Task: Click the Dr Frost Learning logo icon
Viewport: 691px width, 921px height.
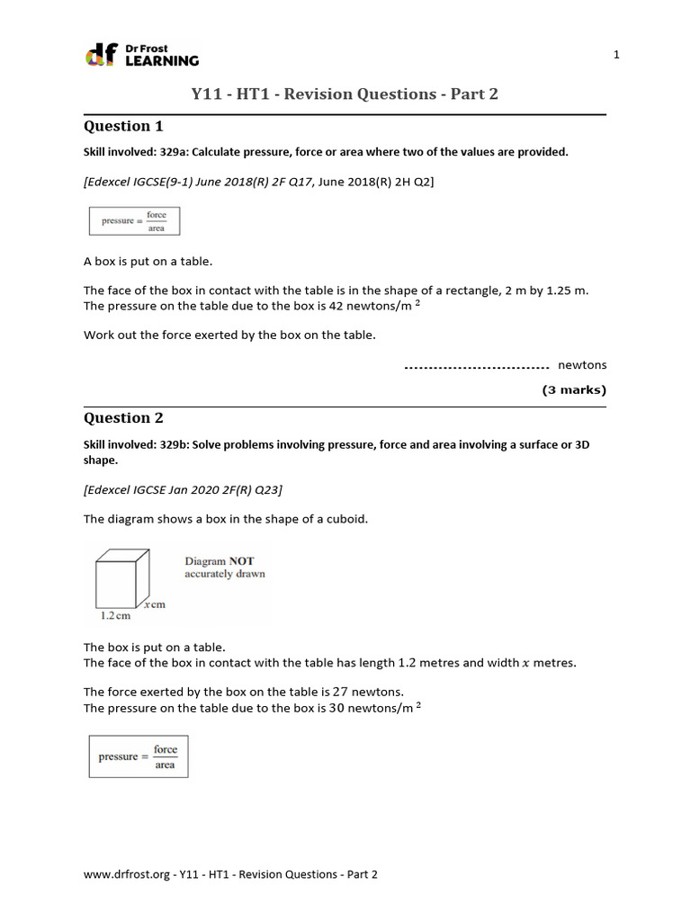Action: [x=98, y=55]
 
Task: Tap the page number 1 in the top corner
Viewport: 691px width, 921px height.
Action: [x=616, y=55]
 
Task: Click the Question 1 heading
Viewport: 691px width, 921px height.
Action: [x=123, y=126]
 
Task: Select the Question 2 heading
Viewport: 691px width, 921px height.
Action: [x=123, y=417]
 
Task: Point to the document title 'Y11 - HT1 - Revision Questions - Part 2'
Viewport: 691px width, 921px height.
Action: [x=345, y=94]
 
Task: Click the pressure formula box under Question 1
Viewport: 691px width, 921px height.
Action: [x=134, y=221]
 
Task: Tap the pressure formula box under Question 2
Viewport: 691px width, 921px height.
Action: [x=138, y=756]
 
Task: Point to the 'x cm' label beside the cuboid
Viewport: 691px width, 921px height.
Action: [x=153, y=604]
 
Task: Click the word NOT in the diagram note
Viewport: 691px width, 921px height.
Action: [x=241, y=561]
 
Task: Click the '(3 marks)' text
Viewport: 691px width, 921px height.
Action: [x=574, y=390]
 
